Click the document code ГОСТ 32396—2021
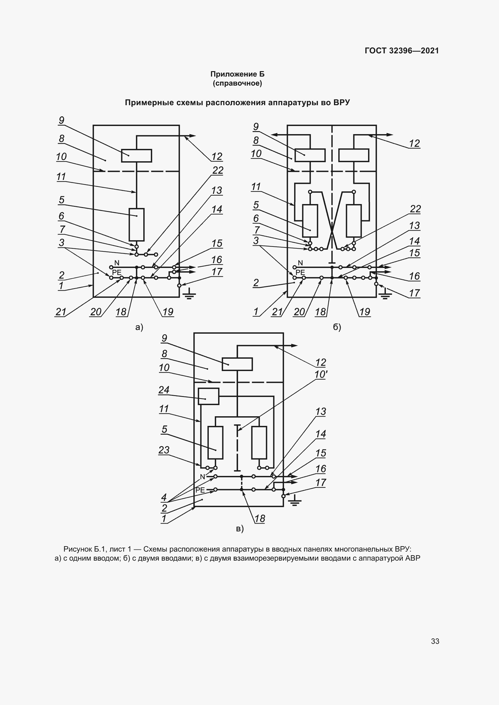pos(402,51)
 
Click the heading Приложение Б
pos(237,74)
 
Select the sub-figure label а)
pos(139,327)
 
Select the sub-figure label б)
pos(337,327)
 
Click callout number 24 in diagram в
pos(164,390)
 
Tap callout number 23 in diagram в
pos(164,450)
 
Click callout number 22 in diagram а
pos(218,170)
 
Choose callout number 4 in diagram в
pos(164,497)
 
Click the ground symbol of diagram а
pos(189,294)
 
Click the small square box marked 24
pos(209,396)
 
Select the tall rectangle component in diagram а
pos(136,225)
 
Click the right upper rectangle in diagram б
pos(354,155)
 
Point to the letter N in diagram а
pos(117,263)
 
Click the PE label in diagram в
pos(200,490)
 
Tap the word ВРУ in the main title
pos(342,102)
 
